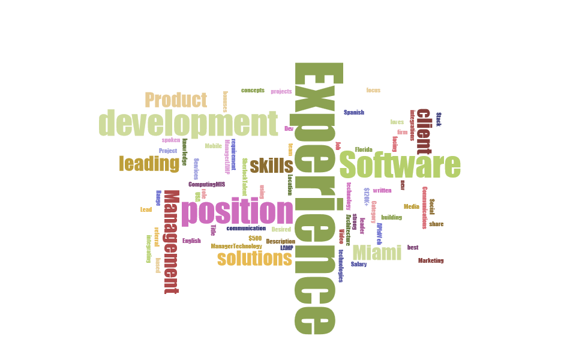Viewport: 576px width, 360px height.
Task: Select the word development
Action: [x=188, y=124]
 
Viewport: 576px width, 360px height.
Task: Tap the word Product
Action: [x=176, y=100]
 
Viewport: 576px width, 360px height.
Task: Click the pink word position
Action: [x=238, y=212]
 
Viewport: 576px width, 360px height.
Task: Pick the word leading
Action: [x=149, y=163]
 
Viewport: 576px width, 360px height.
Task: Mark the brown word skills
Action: [x=271, y=166]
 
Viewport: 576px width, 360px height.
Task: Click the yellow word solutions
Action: [x=254, y=259]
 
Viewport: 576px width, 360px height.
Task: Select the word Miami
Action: [x=377, y=253]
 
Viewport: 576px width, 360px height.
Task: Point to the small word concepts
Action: [x=253, y=90]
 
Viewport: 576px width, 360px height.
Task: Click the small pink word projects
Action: [x=281, y=91]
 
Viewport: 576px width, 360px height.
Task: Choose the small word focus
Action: [x=373, y=90]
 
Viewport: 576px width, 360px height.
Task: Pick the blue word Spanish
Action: [x=354, y=112]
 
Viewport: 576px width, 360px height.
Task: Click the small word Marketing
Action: [x=431, y=260]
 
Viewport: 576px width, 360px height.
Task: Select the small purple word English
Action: [x=191, y=241]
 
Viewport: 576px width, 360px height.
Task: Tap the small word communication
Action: [x=246, y=228]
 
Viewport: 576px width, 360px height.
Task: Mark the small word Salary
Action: [x=359, y=263]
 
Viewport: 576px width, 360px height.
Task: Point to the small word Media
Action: [x=411, y=206]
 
